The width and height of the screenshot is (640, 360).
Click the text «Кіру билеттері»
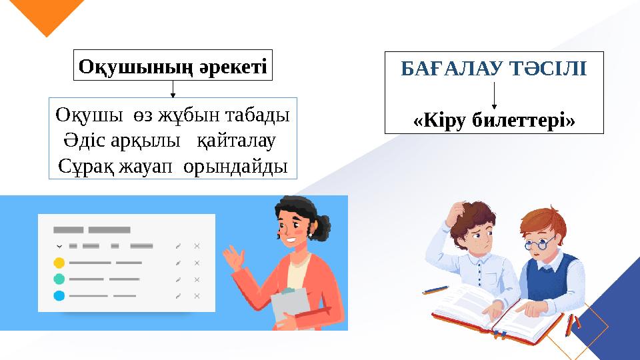(x=494, y=121)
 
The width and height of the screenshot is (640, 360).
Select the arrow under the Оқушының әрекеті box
(x=173, y=90)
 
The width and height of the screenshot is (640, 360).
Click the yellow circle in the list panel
(x=59, y=263)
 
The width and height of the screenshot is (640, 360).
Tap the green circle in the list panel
(x=59, y=279)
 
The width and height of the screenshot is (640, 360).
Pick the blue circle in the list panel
(x=59, y=295)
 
